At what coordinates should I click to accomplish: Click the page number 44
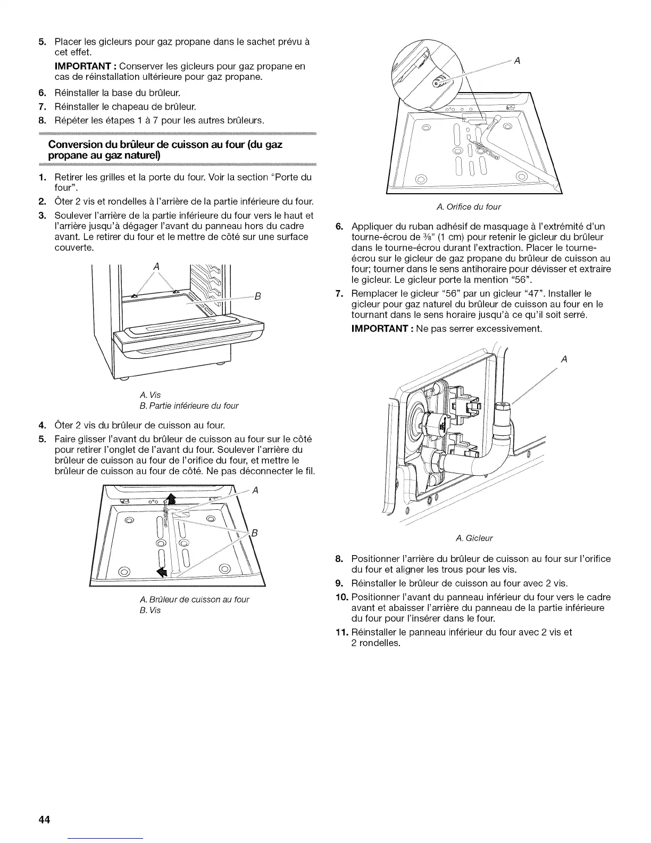44,820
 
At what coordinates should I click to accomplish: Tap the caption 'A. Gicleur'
474,538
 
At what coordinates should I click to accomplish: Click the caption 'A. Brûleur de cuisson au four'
193,599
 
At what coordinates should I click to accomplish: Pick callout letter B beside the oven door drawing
256,297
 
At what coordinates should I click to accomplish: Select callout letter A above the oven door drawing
156,266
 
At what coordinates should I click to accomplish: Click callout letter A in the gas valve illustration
564,360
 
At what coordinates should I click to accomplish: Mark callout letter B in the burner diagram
254,534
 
